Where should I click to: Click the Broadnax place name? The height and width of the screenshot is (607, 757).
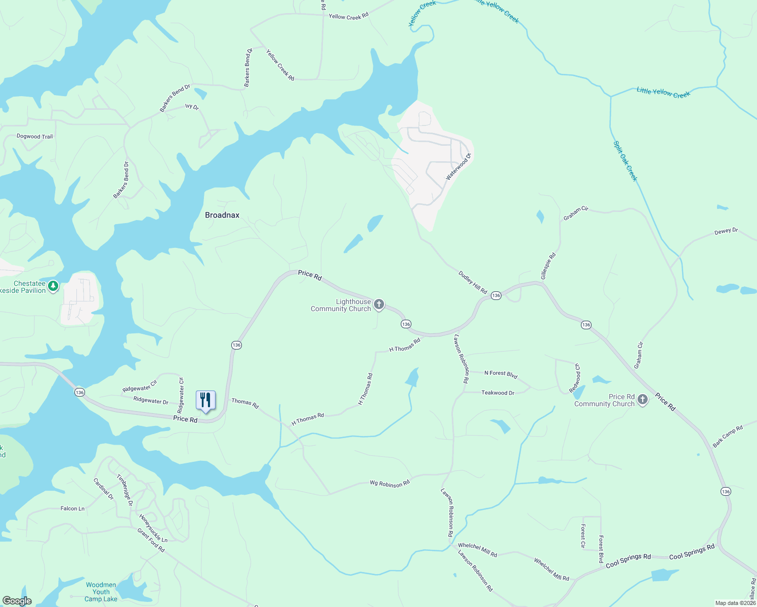222,215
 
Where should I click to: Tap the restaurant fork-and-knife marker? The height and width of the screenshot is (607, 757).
205,400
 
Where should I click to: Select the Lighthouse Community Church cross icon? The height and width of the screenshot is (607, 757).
379,305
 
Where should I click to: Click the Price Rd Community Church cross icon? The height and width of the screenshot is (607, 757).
643,400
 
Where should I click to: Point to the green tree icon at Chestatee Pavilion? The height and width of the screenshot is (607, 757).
53,286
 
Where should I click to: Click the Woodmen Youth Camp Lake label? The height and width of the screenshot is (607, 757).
101,592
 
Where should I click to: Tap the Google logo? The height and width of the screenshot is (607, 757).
17,601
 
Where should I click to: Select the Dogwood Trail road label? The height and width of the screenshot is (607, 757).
34,137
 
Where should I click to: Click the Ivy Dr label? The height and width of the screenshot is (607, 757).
192,107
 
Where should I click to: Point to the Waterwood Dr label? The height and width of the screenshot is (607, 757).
458,166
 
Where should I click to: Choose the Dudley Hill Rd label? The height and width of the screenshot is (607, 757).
473,282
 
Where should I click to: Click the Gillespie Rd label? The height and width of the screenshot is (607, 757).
548,266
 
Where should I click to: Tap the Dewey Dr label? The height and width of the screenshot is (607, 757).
726,231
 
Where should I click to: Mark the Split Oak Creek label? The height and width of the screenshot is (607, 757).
625,161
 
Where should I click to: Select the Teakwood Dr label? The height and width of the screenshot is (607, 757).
497,393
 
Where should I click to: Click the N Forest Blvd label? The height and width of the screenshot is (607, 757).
500,374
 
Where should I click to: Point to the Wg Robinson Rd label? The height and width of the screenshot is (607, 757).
390,484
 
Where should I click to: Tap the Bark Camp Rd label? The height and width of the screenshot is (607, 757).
728,436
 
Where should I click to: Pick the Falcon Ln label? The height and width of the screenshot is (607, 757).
72,508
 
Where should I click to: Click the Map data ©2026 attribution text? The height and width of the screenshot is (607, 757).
735,603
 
